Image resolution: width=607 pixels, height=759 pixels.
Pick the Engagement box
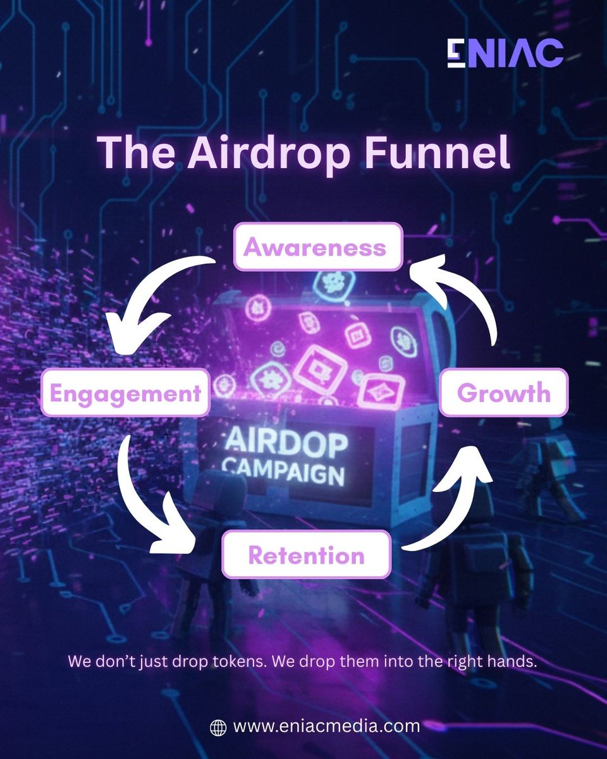click(125, 393)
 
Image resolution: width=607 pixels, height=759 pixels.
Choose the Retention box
click(306, 555)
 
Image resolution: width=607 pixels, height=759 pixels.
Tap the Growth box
click(503, 393)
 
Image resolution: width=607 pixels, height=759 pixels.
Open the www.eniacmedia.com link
click(326, 726)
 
